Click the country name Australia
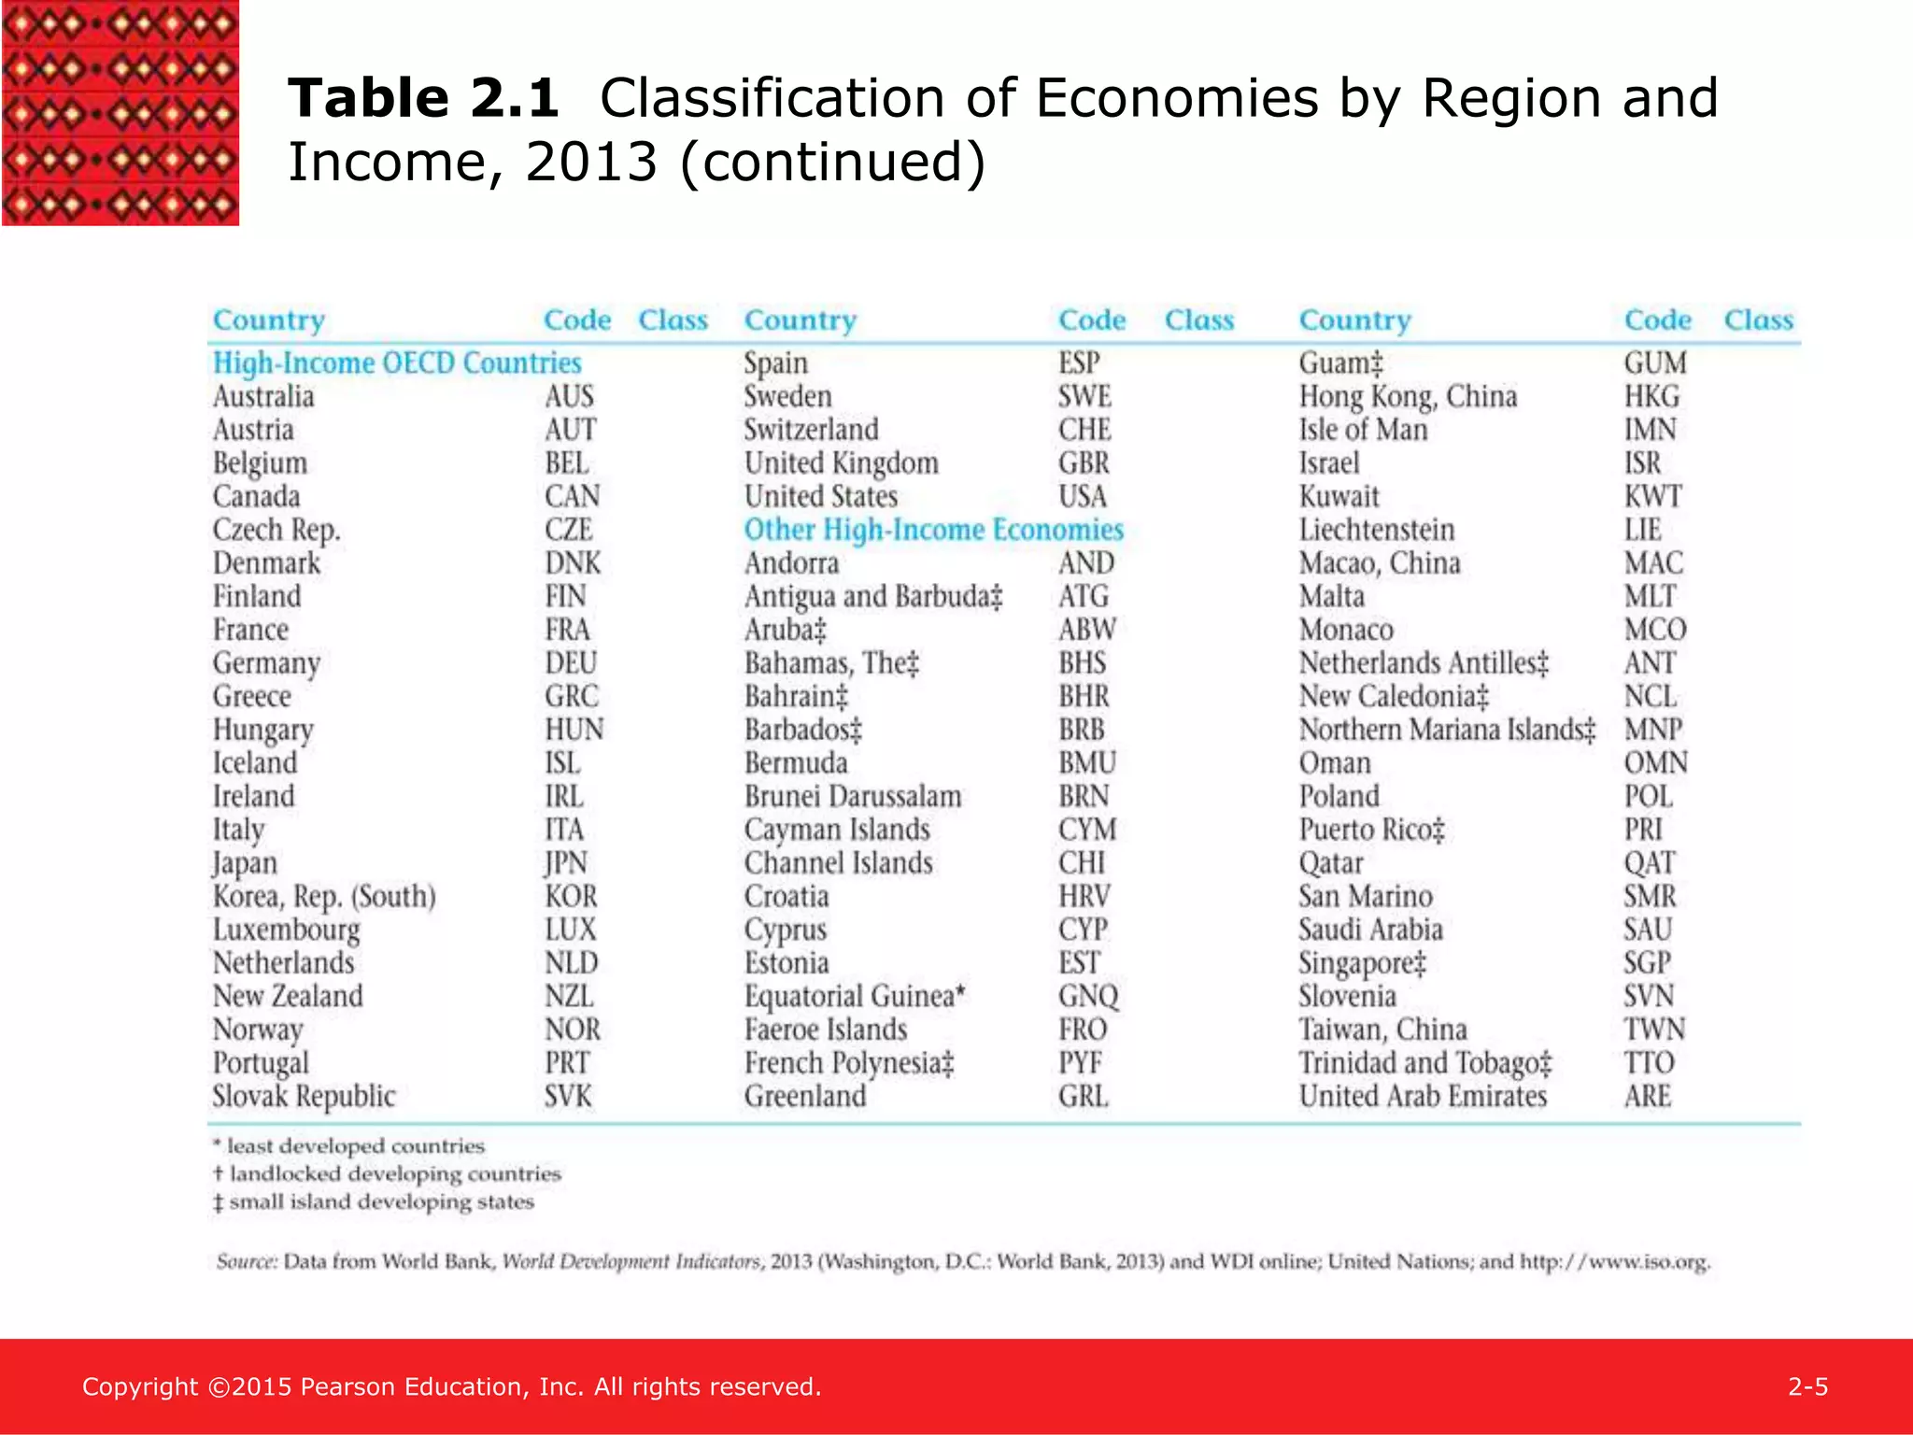point(263,396)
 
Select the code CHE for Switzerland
point(1084,430)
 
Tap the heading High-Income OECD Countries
point(397,362)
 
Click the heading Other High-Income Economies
point(934,530)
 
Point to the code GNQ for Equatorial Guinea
point(1088,997)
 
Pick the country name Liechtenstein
point(1377,530)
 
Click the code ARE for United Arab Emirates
point(1648,1096)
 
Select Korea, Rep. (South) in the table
point(324,897)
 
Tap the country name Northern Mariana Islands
point(1448,730)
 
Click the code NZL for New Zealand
point(569,996)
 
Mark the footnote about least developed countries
point(348,1145)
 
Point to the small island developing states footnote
point(374,1201)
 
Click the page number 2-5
point(1808,1386)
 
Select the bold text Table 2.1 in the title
point(423,98)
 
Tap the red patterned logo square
point(120,113)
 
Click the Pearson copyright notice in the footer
point(452,1386)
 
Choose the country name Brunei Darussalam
point(853,796)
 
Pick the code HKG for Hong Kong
point(1651,396)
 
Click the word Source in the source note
point(247,1262)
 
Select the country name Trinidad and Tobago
point(1425,1063)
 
